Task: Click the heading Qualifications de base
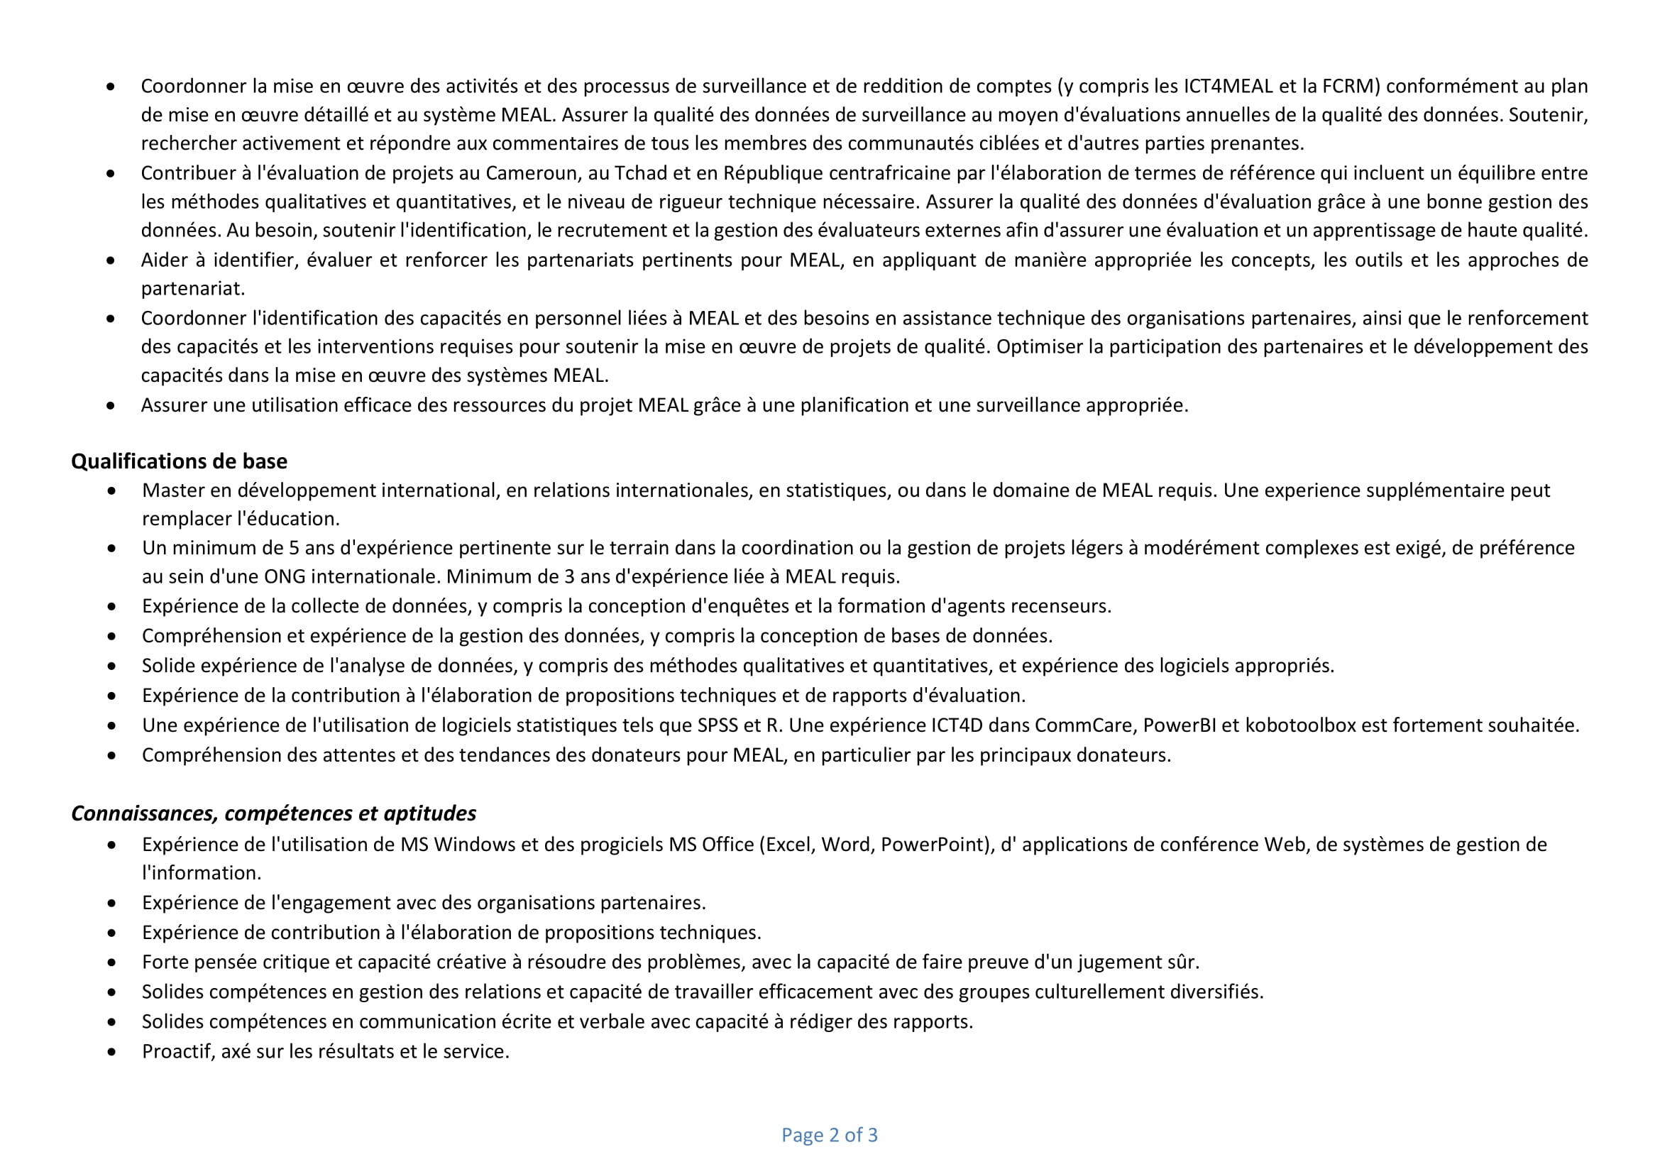pyautogui.click(x=179, y=461)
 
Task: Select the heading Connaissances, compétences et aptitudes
pyautogui.click(x=273, y=813)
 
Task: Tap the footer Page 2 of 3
pyautogui.click(x=829, y=1134)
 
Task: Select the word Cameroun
pyautogui.click(x=528, y=172)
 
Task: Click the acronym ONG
pyautogui.click(x=284, y=576)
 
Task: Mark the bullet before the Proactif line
pyautogui.click(x=111, y=1052)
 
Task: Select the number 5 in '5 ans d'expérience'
pyautogui.click(x=294, y=548)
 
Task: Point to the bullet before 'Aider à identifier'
pyautogui.click(x=110, y=260)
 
